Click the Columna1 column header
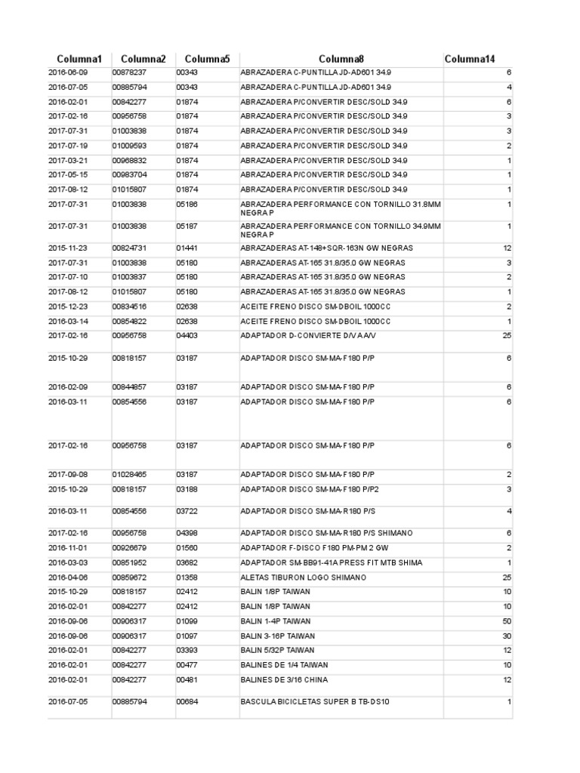(79, 59)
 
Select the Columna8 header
(341, 59)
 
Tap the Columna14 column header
(470, 59)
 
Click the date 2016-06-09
(68, 72)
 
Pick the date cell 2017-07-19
(68, 146)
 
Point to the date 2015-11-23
(68, 248)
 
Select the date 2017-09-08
(68, 475)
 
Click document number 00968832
(129, 161)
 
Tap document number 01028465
(129, 475)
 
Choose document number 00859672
(129, 577)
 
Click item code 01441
(187, 248)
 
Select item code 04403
(187, 336)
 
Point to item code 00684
(187, 702)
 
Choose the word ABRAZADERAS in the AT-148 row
(265, 248)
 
